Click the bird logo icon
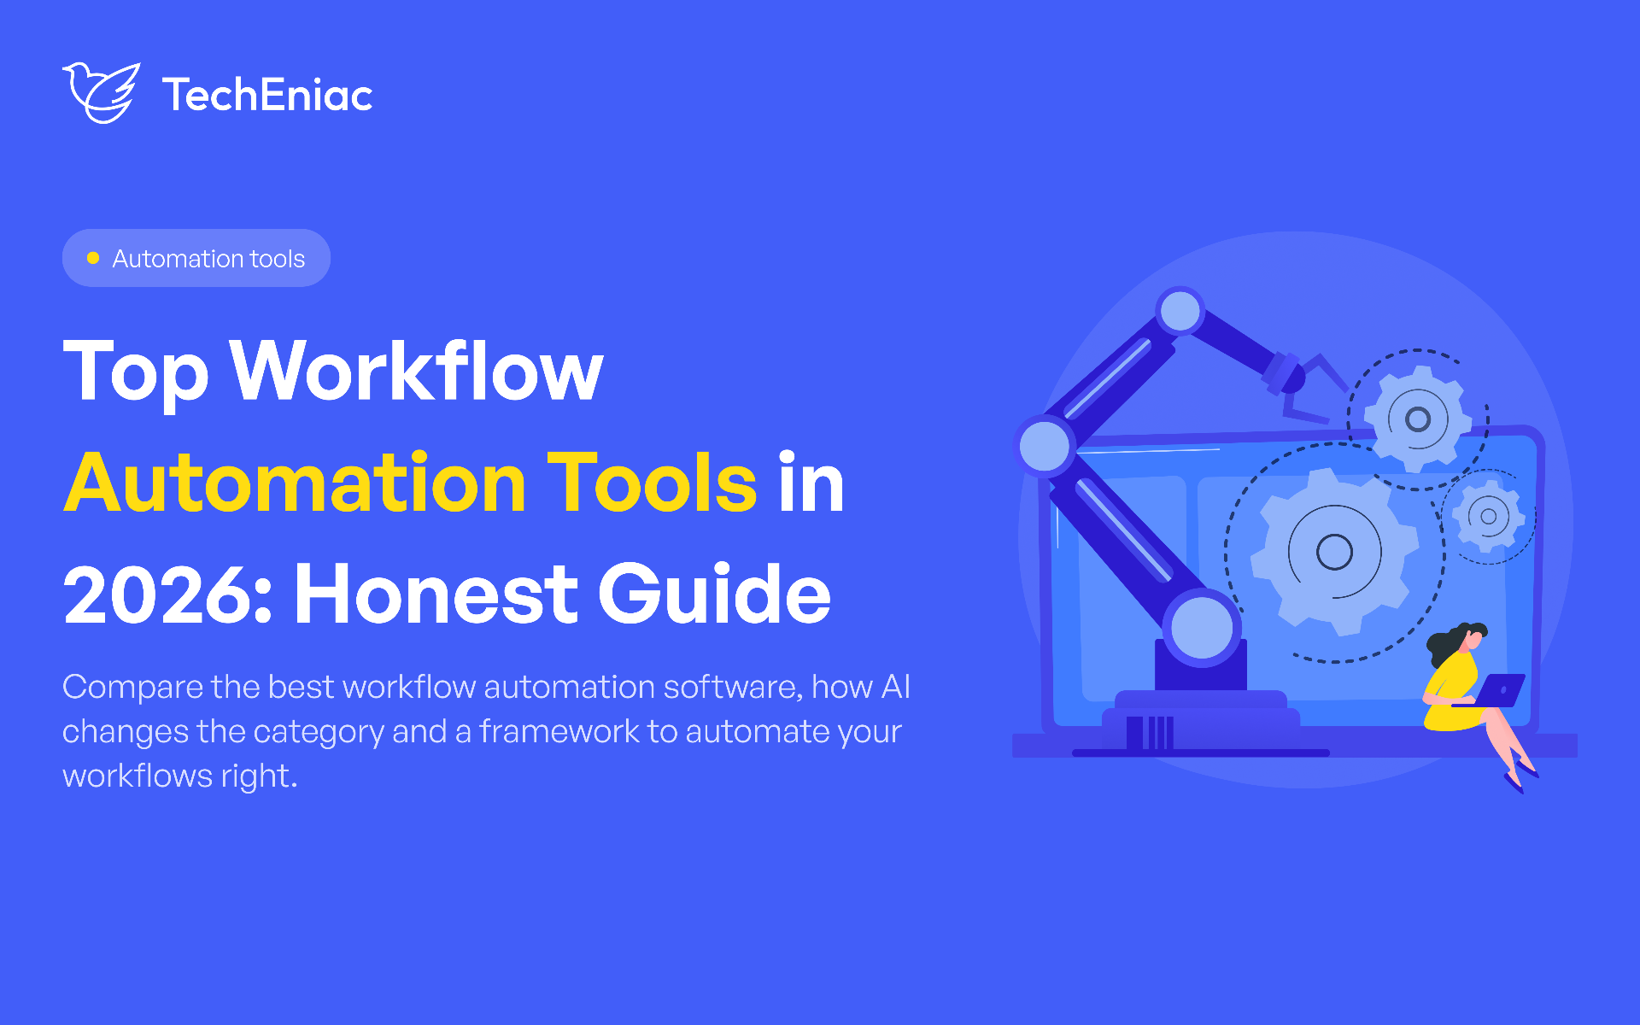click(x=101, y=92)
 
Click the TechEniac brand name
click(x=267, y=95)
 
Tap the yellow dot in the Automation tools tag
click(x=93, y=258)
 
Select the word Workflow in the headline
click(x=416, y=371)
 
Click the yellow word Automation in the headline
click(x=296, y=483)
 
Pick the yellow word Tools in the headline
click(x=652, y=483)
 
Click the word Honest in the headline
click(x=436, y=594)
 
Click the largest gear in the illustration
click(x=1334, y=551)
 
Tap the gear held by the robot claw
click(x=1418, y=419)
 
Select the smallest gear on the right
click(x=1489, y=516)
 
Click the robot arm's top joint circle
click(x=1180, y=311)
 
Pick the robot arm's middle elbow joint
click(x=1045, y=445)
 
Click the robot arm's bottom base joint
click(x=1202, y=628)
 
